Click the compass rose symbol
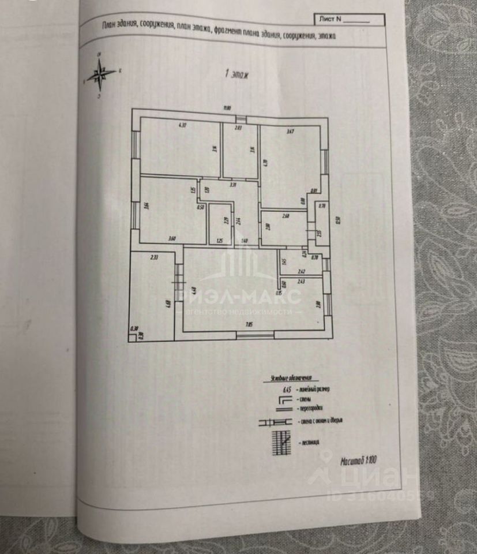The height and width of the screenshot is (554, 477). [x=100, y=74]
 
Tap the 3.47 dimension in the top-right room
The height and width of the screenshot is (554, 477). [x=291, y=132]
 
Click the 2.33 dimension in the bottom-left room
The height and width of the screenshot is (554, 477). [x=154, y=258]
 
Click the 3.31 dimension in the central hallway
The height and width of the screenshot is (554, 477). [x=232, y=185]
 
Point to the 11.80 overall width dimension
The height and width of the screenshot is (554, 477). [x=227, y=108]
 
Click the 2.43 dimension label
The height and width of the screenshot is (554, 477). [x=301, y=282]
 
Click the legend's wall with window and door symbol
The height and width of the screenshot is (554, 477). [x=276, y=422]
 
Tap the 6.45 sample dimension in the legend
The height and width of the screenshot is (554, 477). [x=286, y=390]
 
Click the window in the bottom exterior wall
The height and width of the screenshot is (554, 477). [x=255, y=334]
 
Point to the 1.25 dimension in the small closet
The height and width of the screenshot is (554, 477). [x=219, y=240]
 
